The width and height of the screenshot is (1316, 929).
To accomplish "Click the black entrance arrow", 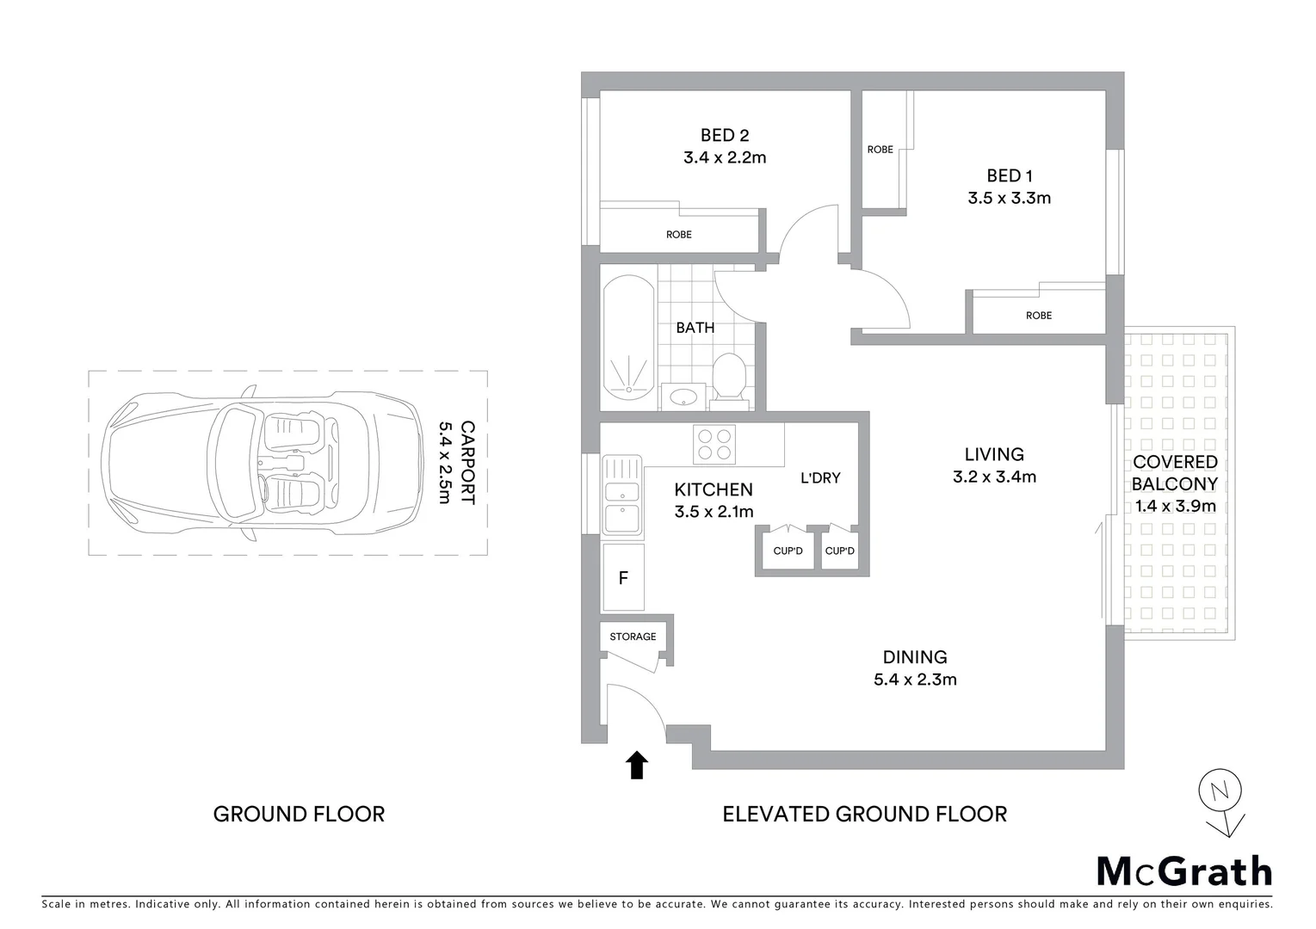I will coord(637,764).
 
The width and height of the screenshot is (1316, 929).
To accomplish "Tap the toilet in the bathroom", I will coord(730,377).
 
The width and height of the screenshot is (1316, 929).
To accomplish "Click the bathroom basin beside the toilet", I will coord(683,397).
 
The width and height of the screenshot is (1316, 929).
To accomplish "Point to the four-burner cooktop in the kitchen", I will coord(714,444).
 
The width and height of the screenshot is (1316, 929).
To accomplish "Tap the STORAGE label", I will coord(633,637).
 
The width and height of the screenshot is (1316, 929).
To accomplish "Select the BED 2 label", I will coord(724,135).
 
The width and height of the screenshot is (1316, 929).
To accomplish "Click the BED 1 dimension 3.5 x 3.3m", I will coord(1009,198).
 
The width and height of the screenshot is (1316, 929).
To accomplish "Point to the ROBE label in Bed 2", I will coord(678,234).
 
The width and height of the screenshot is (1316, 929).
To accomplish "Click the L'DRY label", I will coord(819,477).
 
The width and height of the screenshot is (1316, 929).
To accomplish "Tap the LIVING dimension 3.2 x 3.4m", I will coord(994,477).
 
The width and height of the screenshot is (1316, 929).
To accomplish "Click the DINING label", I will coord(915,657).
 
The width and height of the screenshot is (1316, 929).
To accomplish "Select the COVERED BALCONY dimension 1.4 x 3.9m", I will coord(1175,506).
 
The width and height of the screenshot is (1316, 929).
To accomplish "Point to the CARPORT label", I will coord(468,462).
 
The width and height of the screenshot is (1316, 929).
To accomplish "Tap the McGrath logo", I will coord(1183,871).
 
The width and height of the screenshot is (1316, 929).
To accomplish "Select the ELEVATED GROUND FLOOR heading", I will coord(864,814).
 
